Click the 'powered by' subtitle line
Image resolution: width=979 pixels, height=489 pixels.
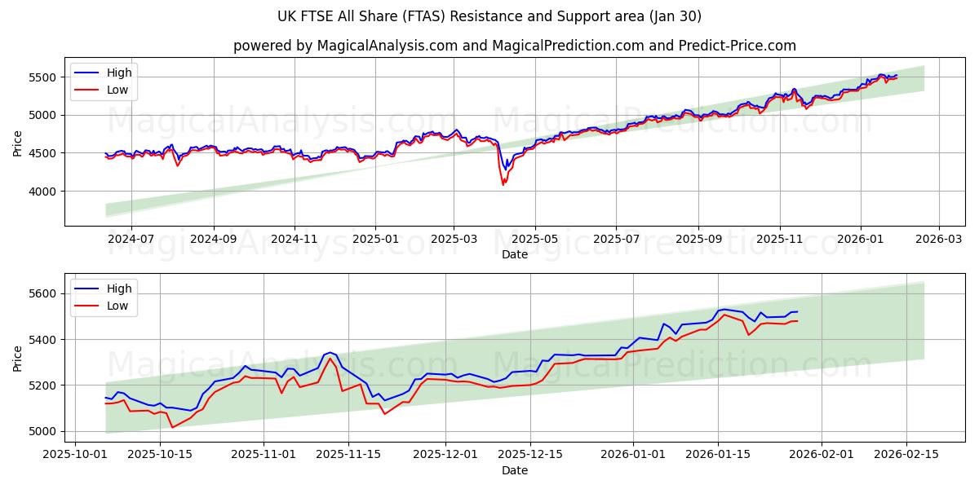(x=514, y=46)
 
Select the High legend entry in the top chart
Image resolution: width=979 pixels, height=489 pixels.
(x=119, y=73)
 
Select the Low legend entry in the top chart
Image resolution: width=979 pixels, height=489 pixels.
(x=117, y=90)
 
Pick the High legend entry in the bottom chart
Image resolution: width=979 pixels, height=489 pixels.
(x=119, y=289)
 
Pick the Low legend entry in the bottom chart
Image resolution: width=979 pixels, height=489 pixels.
(x=117, y=306)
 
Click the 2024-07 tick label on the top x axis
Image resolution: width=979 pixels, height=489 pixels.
(x=131, y=240)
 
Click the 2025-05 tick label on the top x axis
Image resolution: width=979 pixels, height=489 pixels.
(x=535, y=240)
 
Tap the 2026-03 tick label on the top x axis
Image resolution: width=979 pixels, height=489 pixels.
(x=938, y=240)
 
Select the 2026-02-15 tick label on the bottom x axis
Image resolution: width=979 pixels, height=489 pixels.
(x=906, y=455)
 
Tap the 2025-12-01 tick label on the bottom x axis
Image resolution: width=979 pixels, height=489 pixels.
(x=446, y=455)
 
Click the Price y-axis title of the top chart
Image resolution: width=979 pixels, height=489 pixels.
(x=18, y=143)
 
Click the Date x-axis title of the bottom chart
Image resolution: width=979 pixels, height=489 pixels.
(x=514, y=470)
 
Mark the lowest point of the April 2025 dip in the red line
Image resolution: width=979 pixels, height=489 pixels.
(x=503, y=185)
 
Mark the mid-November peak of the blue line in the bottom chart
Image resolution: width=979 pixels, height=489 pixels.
(x=330, y=352)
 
